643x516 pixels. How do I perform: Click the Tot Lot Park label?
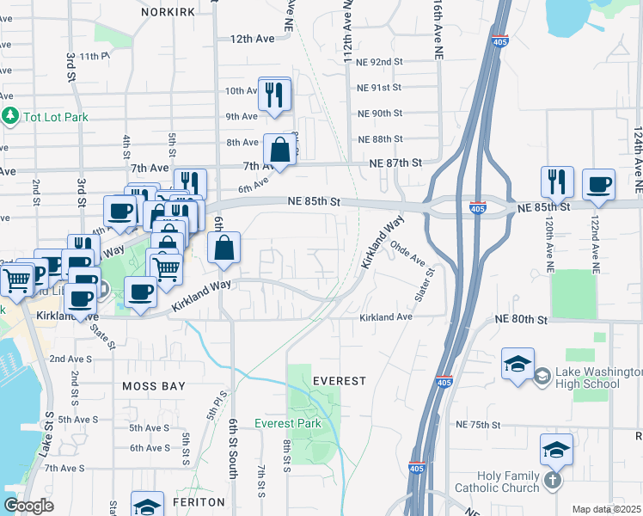click(50, 116)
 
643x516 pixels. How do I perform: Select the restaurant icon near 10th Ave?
click(274, 95)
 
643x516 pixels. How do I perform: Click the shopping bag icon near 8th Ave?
click(280, 151)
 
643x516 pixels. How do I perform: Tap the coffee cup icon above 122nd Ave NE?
click(598, 184)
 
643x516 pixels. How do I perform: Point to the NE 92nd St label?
click(380, 62)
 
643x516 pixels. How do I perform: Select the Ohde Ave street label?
click(408, 253)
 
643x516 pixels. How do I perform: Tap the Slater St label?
click(424, 283)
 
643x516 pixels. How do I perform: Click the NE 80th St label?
click(521, 319)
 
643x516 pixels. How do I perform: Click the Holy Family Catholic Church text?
click(511, 482)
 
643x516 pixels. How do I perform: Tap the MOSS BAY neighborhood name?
click(154, 386)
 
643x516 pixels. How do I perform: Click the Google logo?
click(28, 506)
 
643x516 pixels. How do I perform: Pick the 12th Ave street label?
click(252, 39)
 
